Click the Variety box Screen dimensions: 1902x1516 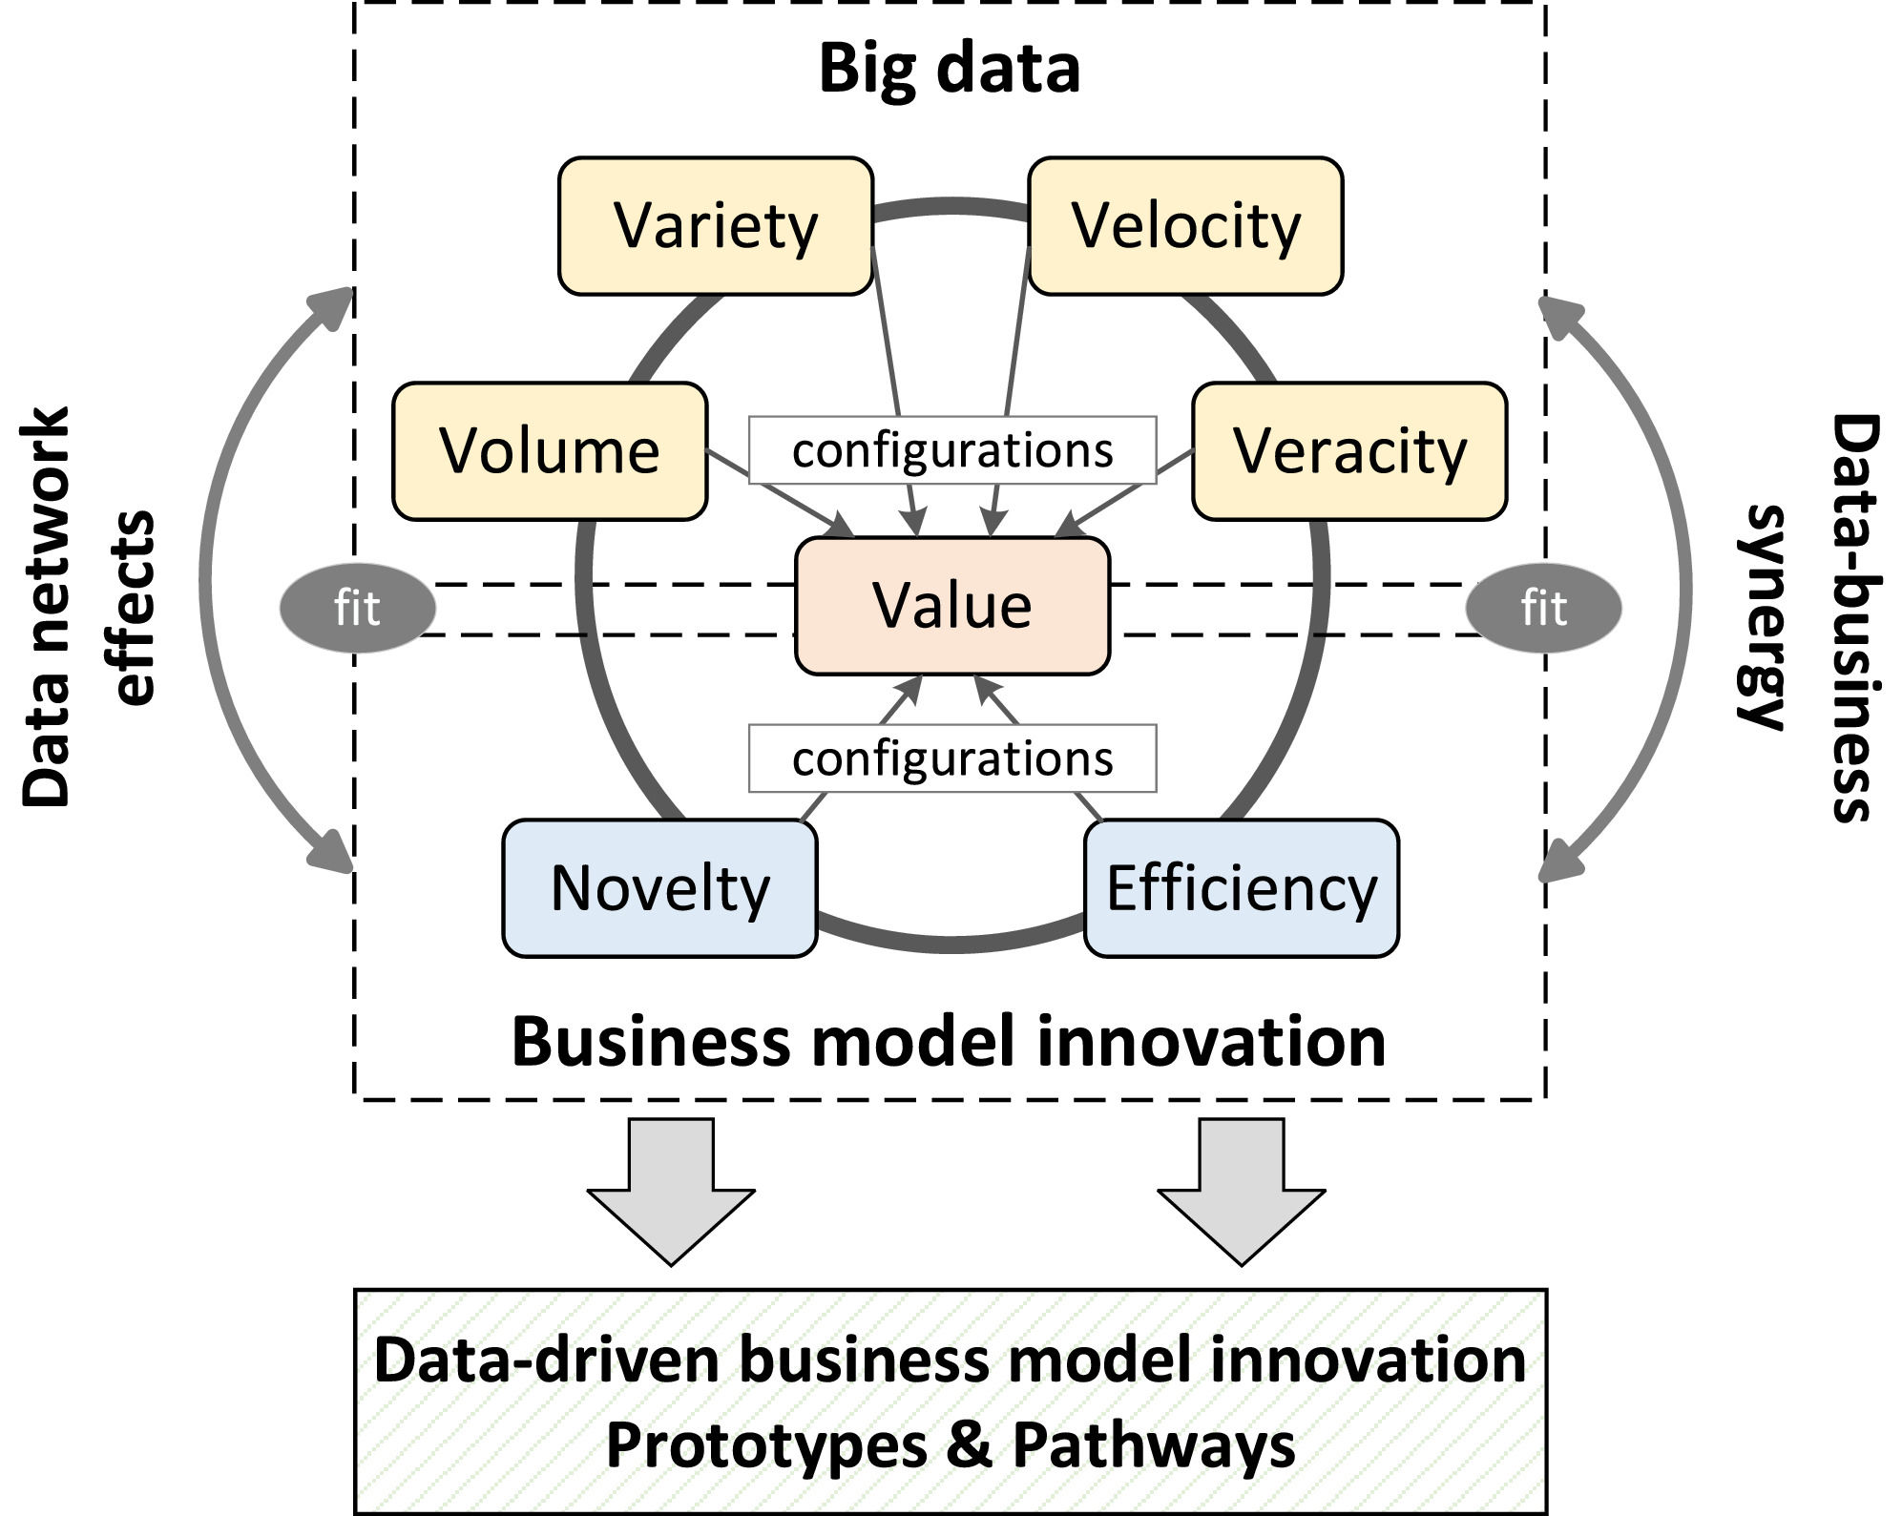[x=716, y=226]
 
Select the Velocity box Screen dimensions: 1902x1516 [x=1185, y=226]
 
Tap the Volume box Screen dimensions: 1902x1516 [x=550, y=451]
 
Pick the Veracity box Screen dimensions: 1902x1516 [x=1349, y=451]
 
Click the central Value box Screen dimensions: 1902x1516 [x=952, y=606]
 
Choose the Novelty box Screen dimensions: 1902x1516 [x=659, y=888]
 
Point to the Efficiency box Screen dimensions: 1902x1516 [x=1242, y=888]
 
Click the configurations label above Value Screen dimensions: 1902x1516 [x=952, y=450]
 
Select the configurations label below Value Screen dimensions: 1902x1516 [x=952, y=758]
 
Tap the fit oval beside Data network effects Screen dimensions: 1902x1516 [x=357, y=608]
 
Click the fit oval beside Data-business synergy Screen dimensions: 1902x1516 [x=1543, y=608]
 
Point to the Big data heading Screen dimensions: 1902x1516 [x=950, y=69]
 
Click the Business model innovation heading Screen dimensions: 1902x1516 [x=949, y=1041]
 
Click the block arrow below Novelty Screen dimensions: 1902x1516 [x=671, y=1192]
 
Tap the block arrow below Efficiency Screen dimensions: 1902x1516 [x=1242, y=1192]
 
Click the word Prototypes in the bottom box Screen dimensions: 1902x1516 [x=766, y=1445]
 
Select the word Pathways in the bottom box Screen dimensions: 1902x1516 [x=1154, y=1445]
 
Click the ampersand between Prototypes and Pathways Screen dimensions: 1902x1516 [x=970, y=1443]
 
